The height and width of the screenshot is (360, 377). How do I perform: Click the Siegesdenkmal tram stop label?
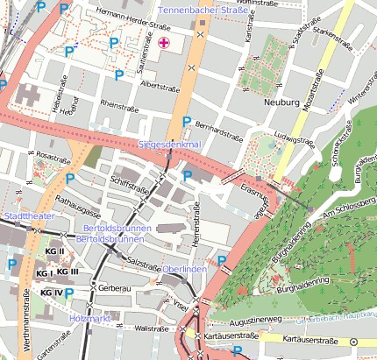coord(170,144)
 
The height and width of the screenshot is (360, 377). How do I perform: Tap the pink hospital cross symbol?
coord(164,43)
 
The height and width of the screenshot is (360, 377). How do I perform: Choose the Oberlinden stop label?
coord(184,269)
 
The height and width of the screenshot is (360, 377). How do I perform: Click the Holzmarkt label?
coord(90,318)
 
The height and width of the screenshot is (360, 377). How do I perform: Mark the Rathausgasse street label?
coord(77,204)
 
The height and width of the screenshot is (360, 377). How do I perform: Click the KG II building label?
coord(55,251)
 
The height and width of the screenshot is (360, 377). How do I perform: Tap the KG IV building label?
coord(52,293)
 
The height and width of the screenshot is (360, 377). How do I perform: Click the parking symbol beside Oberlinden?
coord(222,260)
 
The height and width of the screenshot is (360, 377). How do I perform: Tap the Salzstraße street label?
coord(142,262)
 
